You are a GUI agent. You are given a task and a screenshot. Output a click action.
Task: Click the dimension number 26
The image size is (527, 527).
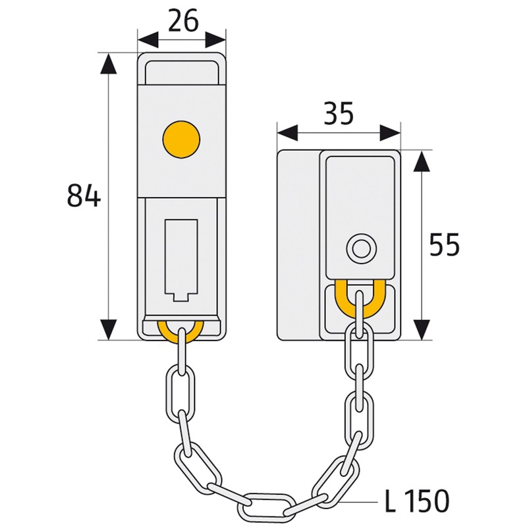pos(182,21)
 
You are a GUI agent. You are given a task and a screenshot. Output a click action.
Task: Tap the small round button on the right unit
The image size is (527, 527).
pos(360,249)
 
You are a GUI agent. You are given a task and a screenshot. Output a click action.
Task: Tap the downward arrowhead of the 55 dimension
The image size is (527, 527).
pos(420,329)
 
